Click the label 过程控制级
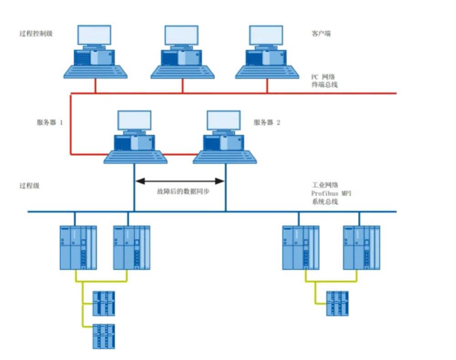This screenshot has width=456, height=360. click(36, 33)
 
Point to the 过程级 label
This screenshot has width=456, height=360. click(30, 186)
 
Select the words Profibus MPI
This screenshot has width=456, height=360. click(332, 193)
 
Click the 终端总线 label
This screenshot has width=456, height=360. click(325, 85)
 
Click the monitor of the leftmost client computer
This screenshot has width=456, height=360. click(94, 35)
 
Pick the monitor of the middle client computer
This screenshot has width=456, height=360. click(181, 35)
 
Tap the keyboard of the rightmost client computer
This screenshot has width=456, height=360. click(267, 72)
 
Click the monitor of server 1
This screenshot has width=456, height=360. click(135, 120)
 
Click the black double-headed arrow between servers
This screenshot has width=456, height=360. click(180, 181)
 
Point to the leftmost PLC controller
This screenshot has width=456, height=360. click(78, 247)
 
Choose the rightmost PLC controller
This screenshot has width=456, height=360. click(361, 247)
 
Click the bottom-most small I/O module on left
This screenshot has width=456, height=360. click(104, 336)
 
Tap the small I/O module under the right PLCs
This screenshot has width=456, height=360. click(337, 303)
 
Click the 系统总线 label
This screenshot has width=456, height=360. click(325, 202)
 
